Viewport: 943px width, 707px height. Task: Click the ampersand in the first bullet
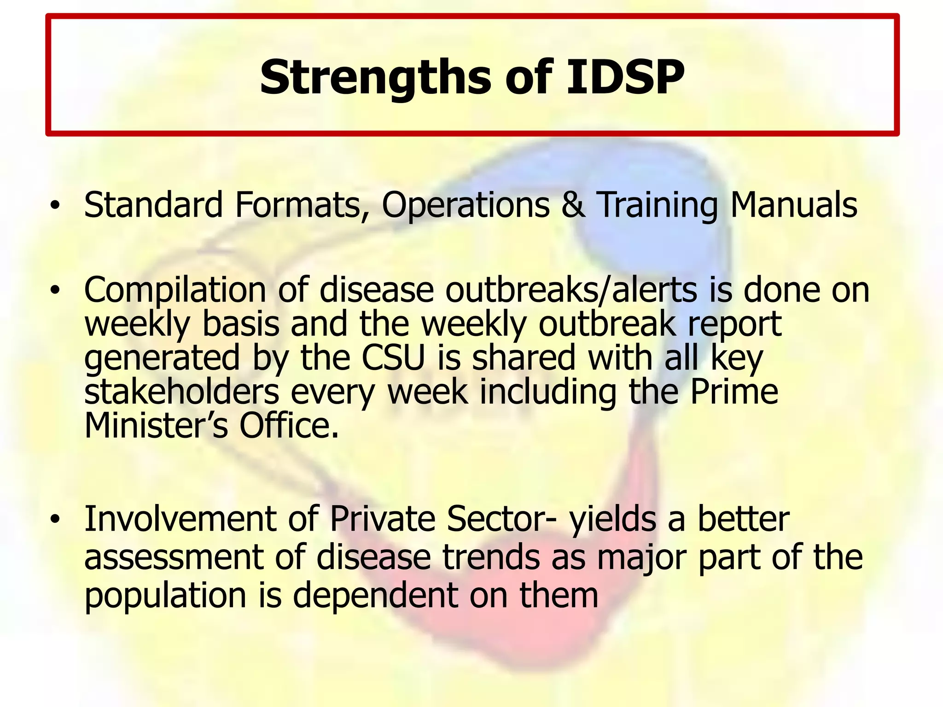(x=573, y=205)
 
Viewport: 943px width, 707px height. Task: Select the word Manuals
(x=794, y=205)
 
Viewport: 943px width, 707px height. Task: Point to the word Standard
(x=153, y=205)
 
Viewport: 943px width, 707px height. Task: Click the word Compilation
(x=175, y=291)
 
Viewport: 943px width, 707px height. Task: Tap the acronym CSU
(x=393, y=358)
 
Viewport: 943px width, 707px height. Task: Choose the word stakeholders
(x=182, y=392)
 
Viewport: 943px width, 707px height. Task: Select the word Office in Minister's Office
(x=289, y=426)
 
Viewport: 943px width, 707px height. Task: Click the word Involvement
(x=180, y=519)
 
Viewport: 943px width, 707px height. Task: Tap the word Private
(x=383, y=519)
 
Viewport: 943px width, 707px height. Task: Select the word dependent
(x=376, y=596)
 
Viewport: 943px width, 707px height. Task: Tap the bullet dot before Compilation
(x=55, y=291)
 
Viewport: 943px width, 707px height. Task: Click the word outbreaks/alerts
(x=571, y=291)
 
